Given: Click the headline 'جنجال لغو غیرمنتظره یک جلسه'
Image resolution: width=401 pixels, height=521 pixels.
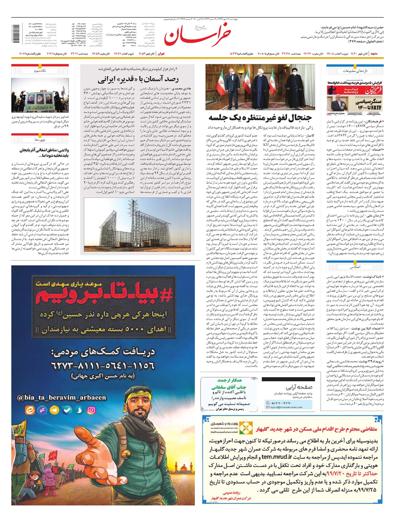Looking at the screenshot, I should pos(260,118).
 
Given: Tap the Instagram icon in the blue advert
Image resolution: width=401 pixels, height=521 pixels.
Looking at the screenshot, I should pos(91,410).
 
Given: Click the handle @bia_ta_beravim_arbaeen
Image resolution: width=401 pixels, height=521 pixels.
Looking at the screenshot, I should pos(62,397).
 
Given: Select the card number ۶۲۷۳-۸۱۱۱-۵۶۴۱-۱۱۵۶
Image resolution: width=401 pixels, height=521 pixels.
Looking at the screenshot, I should pos(103,365).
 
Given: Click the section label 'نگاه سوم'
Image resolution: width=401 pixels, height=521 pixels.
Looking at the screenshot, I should pos(40,71).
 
